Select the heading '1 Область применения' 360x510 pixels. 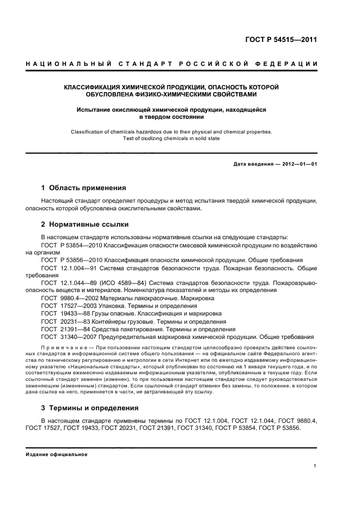coord(83,187)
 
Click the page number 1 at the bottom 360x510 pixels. coord(315,465)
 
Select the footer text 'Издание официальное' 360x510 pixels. coord(57,454)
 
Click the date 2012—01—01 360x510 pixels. coord(298,163)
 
